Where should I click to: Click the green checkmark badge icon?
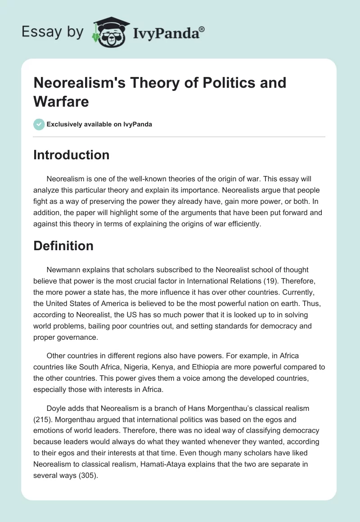click(39, 124)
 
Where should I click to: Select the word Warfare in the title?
click(61, 101)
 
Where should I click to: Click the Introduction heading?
click(71, 155)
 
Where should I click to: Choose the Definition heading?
click(63, 246)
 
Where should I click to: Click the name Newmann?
click(63, 270)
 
